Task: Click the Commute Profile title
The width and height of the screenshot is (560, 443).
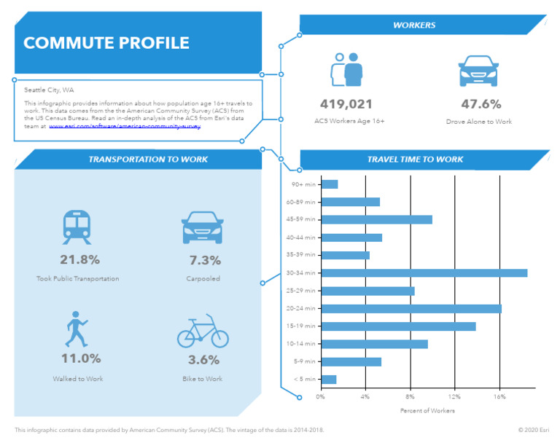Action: tap(106, 43)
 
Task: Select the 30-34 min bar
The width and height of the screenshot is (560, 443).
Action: tap(424, 273)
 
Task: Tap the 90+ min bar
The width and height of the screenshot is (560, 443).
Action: tap(330, 184)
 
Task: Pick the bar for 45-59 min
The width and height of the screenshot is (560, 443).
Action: tap(376, 219)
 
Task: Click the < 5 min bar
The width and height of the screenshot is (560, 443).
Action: tap(329, 379)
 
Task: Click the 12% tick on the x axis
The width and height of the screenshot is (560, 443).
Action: tap(454, 397)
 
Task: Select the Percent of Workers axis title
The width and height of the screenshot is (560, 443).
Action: tap(427, 411)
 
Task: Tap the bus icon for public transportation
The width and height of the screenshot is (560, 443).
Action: tap(77, 227)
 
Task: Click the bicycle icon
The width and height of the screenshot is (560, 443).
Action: tap(203, 331)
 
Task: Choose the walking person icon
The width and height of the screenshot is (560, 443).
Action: tap(76, 330)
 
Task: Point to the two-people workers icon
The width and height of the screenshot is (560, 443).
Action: tap(347, 70)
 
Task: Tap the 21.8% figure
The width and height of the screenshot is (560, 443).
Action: tap(79, 260)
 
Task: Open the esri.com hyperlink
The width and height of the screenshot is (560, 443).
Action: tap(124, 126)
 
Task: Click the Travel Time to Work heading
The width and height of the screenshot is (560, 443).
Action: tap(415, 160)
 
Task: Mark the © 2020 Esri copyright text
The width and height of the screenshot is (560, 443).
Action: tap(534, 430)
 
